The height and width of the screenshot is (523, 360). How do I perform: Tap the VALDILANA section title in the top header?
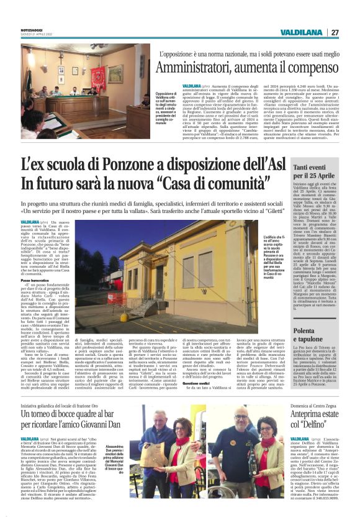click(300, 32)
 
